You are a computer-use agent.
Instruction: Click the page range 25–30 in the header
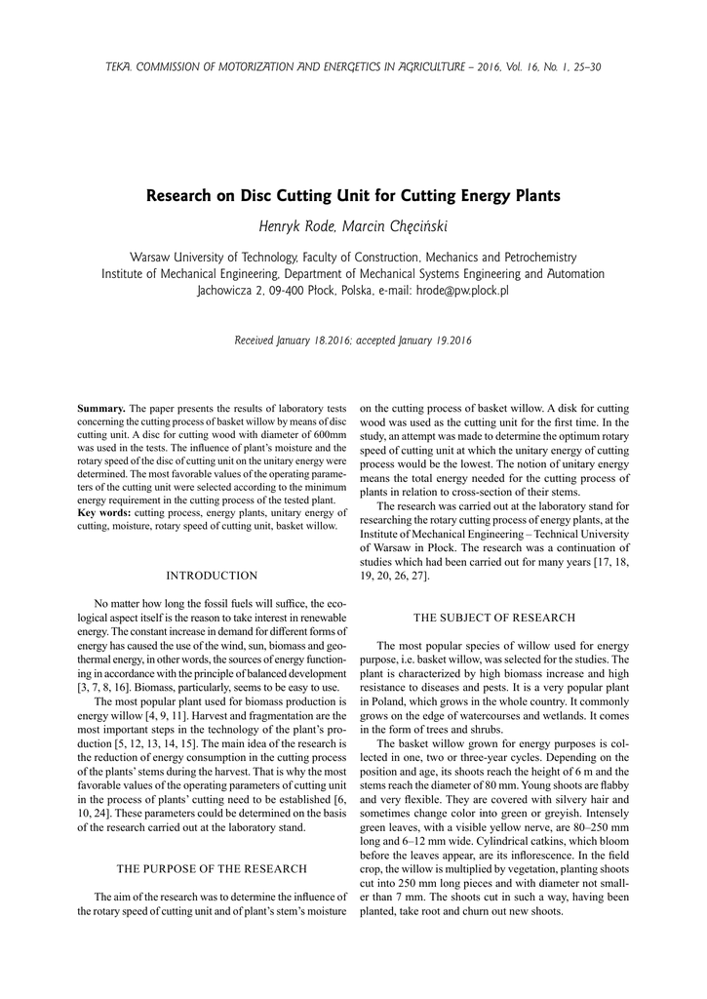[584, 67]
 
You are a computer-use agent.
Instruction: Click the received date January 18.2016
[311, 340]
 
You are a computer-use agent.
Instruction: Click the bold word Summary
[101, 407]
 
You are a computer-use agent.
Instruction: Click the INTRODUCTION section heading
[212, 576]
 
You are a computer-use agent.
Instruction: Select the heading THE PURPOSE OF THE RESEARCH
[212, 868]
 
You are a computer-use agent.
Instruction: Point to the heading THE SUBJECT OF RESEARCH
[494, 618]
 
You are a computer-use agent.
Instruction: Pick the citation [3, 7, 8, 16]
[110, 687]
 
